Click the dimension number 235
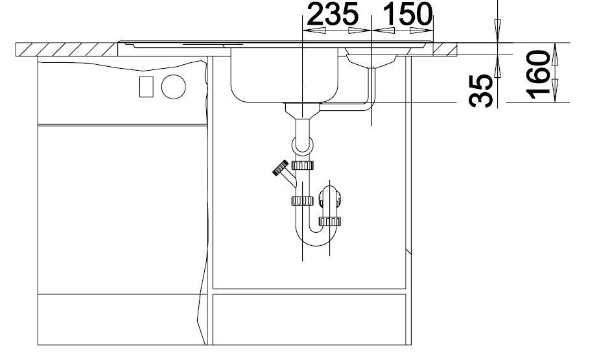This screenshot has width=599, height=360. click(x=333, y=14)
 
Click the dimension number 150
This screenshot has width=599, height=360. click(x=407, y=14)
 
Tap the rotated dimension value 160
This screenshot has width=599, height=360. click(x=538, y=74)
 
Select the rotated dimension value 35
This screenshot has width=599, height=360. click(x=480, y=91)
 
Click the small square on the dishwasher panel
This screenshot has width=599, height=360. click(x=147, y=86)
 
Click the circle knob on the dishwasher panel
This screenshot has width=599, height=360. click(x=174, y=87)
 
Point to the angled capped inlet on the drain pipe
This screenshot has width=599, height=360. click(x=284, y=173)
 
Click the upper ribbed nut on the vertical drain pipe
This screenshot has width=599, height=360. click(x=303, y=165)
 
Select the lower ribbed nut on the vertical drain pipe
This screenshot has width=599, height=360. click(x=302, y=200)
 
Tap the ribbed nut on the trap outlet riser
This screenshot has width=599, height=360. click(x=330, y=221)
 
